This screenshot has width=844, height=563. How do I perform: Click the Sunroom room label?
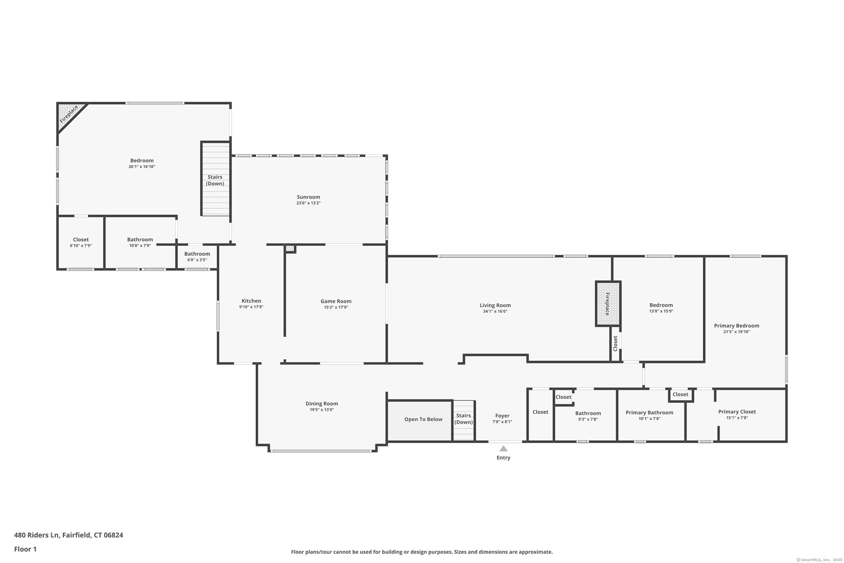pos(308,197)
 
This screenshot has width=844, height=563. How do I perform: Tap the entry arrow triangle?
pos(503,449)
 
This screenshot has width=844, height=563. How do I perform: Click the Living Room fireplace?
pos(608,303)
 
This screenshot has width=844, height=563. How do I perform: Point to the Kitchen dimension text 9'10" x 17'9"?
pos(251,307)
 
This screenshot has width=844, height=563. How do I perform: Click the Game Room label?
pos(336,301)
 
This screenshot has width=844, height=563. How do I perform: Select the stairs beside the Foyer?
pos(464,420)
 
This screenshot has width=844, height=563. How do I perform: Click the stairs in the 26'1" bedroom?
pos(215,179)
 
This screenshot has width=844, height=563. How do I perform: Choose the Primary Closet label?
pos(737,412)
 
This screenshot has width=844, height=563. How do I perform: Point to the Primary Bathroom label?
pos(649,413)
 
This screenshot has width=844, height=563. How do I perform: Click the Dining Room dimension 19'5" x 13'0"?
pos(322,409)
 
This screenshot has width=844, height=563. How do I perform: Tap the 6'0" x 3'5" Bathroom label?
pos(197,254)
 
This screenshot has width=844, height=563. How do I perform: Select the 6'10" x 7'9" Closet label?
pos(81,240)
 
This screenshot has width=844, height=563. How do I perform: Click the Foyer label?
pos(502,416)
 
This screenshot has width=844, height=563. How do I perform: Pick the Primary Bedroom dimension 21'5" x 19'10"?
pos(736,332)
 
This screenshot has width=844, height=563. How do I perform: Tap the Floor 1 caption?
pos(25,549)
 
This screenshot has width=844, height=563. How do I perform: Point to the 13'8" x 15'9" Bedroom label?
pos(661,305)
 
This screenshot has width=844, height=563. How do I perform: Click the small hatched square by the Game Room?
pos(290,249)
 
